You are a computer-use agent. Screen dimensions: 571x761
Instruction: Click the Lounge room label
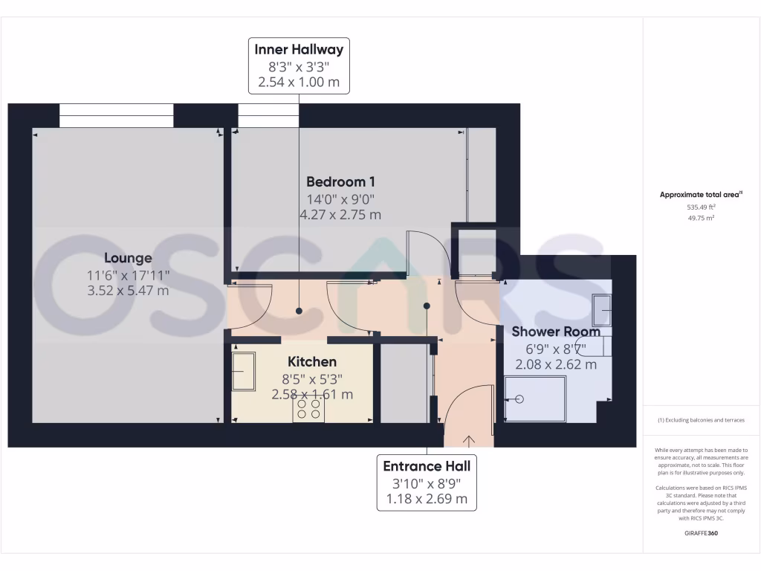point(128,258)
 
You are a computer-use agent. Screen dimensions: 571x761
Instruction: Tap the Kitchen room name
point(312,361)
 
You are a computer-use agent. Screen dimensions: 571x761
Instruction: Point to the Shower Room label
point(555,332)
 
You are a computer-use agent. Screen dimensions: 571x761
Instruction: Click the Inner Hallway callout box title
point(299,50)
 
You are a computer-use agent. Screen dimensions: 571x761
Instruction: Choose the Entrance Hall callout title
point(427,466)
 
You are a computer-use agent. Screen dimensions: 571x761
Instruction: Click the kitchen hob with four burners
point(308,409)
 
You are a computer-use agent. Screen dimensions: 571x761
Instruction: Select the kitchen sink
point(243,371)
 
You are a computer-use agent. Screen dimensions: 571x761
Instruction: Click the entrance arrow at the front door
point(468,441)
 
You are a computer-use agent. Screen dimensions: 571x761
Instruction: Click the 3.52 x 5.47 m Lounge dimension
point(128,291)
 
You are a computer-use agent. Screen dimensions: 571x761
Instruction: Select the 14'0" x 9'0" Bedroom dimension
point(340,199)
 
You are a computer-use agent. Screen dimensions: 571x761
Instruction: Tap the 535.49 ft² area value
point(702,207)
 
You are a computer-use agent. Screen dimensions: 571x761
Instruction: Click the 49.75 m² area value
point(702,218)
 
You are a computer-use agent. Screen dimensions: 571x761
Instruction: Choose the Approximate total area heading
point(701,195)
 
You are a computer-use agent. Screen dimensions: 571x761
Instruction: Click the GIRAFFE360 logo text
point(702,533)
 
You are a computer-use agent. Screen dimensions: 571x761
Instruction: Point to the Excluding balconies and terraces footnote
point(701,420)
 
